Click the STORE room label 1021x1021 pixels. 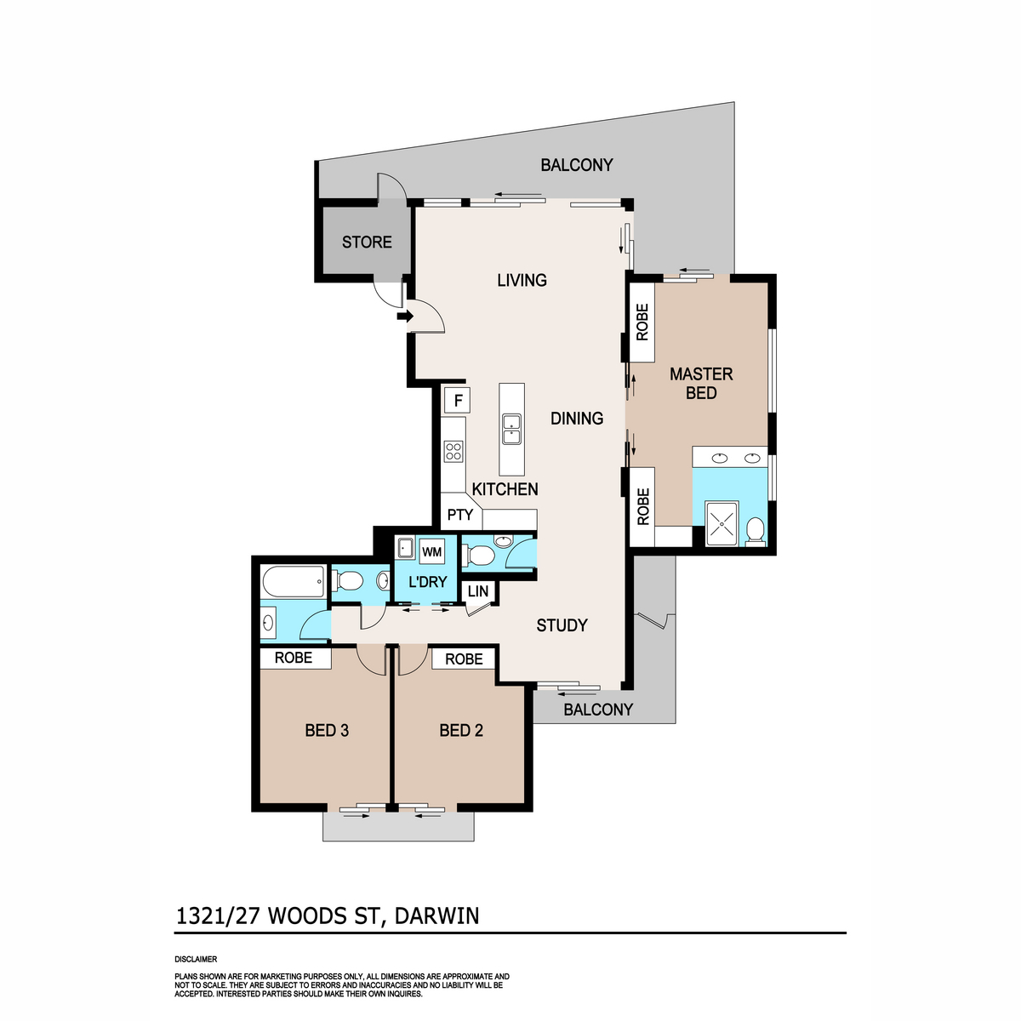pos(367,242)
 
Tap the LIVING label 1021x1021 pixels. pos(522,280)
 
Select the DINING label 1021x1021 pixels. pos(577,419)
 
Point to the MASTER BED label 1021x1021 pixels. pos(701,383)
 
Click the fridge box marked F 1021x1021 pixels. pos(458,401)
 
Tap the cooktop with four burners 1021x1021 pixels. pos(453,452)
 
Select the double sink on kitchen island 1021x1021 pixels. pos(511,430)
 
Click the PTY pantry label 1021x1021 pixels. pos(460,515)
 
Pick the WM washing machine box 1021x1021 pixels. pos(432,551)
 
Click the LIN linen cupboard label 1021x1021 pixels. pos(478,591)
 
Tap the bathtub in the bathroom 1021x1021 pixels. pos(293,582)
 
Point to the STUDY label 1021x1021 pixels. pos(562,625)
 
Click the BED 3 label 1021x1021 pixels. pos(327,731)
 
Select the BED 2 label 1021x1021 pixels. pos(461,731)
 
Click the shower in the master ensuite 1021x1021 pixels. pos(722,523)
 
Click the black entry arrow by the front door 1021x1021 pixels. pos(405,317)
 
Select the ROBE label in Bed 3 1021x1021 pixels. pos(293,658)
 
